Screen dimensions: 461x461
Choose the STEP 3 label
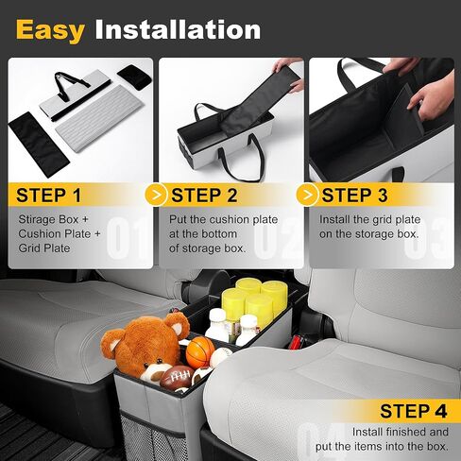[354, 196]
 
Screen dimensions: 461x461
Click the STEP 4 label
[413, 411]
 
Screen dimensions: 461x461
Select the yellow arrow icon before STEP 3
[307, 196]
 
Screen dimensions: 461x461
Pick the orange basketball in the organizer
[199, 352]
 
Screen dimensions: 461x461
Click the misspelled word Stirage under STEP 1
[37, 220]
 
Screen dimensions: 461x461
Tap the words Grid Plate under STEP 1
[43, 248]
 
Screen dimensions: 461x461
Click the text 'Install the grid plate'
[369, 220]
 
